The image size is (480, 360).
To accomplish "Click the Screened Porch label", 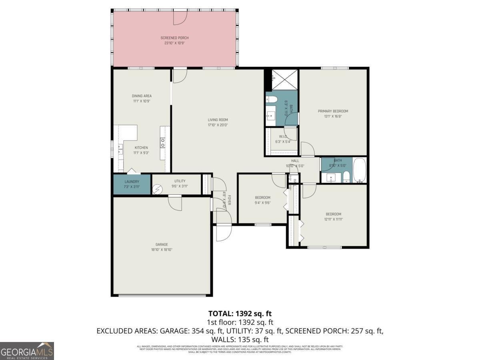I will pos(174,38).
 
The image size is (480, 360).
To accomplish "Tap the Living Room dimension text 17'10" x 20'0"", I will pos(218,125).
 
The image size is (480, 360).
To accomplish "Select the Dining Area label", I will pos(142,96).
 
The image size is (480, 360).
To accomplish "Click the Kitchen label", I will pos(141,148).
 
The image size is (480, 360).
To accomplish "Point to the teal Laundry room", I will pos(132,184).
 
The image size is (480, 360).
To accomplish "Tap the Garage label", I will pos(162,244).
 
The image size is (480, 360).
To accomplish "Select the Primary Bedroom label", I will pos(333,111).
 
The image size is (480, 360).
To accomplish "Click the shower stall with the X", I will pos(284,79).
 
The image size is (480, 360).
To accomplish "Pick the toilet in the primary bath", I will pos(271,100).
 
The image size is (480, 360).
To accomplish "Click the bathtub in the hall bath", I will pos(360,170).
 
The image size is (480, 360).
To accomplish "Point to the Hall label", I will pos(295,161).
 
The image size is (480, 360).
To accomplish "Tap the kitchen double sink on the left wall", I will pos(120,149).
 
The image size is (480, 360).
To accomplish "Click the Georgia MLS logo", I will pos(27,351).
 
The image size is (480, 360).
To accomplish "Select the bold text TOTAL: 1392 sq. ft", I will pos(240,313).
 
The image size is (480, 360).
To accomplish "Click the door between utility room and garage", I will pos(175,202).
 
